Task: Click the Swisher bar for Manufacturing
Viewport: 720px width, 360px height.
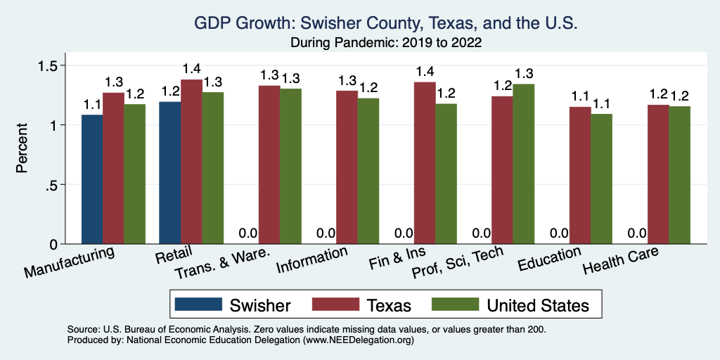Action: [92, 179]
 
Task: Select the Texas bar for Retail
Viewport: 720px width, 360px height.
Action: [191, 162]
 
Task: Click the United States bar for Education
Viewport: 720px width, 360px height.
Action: [601, 179]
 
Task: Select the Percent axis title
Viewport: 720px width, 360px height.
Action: [22, 149]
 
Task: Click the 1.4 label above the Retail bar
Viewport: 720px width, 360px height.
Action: [191, 69]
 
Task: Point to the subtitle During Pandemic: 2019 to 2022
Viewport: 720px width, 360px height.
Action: [386, 42]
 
